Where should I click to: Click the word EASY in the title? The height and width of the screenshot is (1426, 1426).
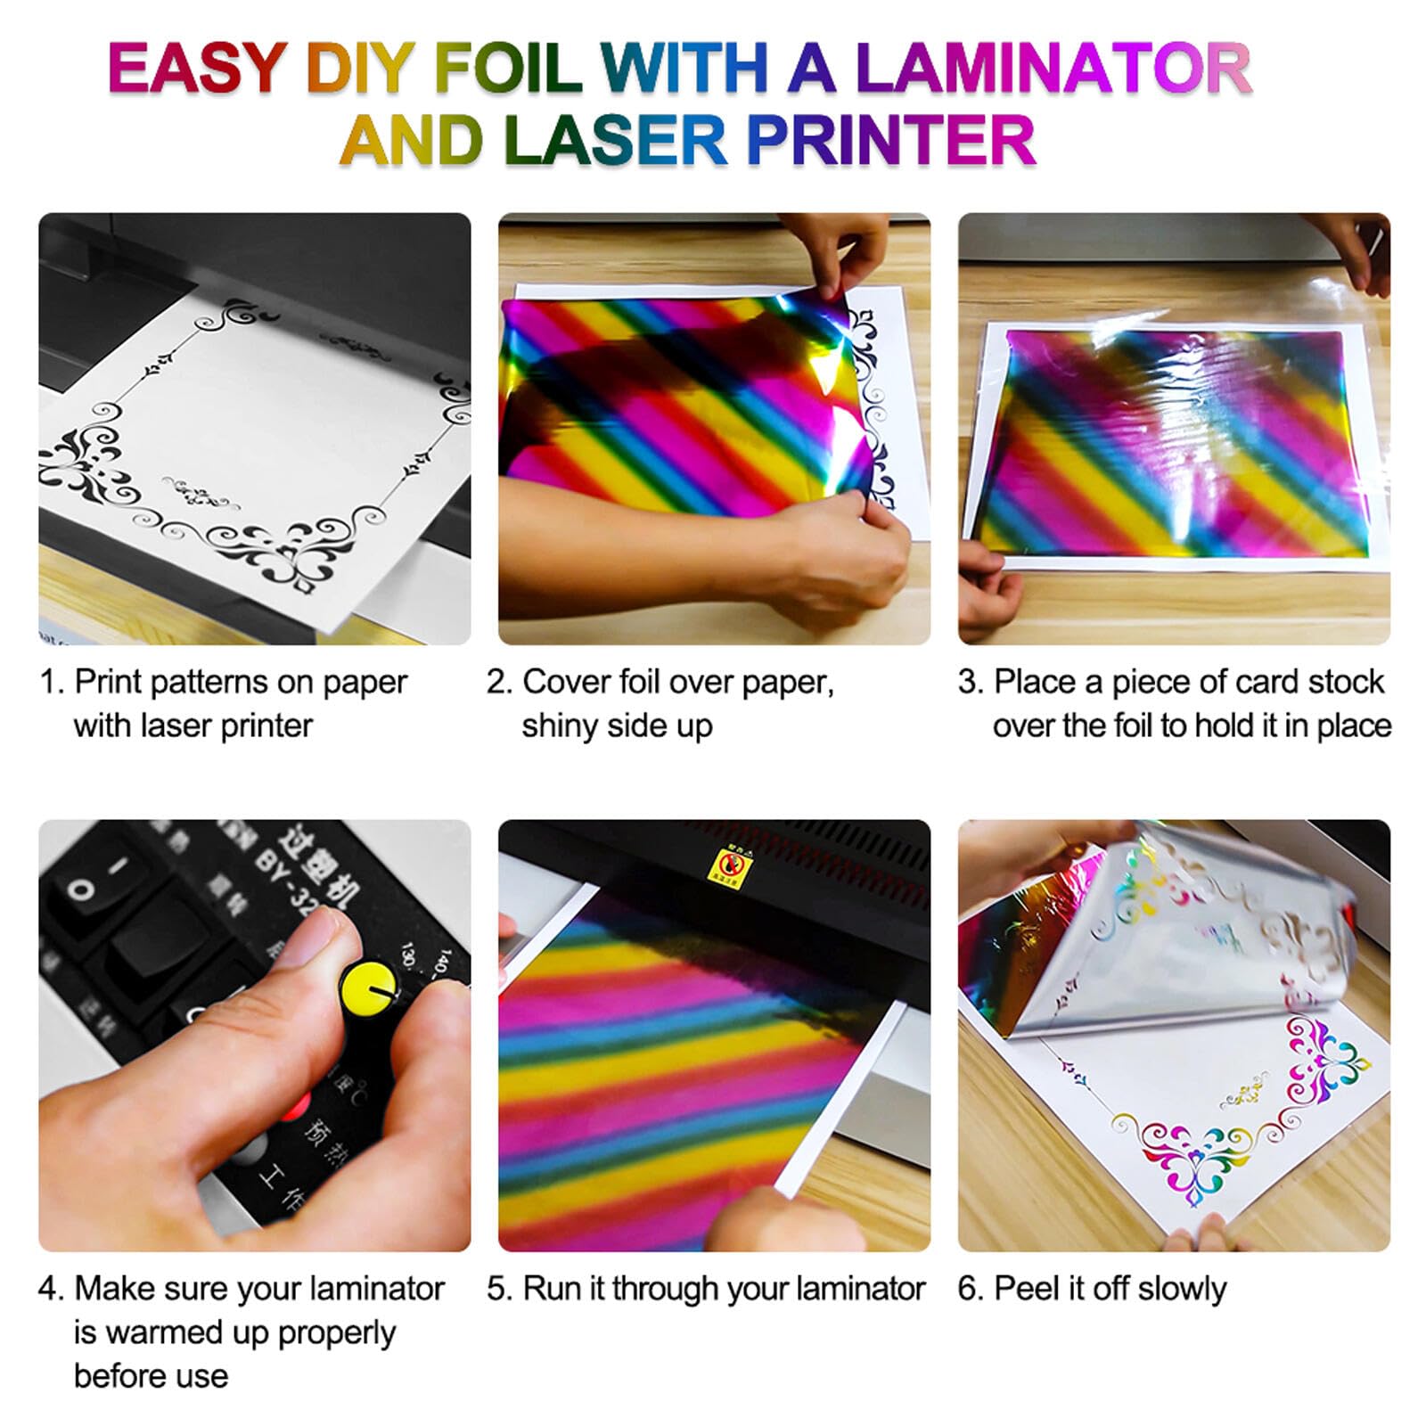click(x=195, y=70)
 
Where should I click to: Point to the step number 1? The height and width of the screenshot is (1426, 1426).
click(x=50, y=683)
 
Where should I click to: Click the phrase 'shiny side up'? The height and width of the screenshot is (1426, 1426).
click(x=617, y=725)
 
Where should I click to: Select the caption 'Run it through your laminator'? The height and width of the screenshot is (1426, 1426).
click(x=724, y=1289)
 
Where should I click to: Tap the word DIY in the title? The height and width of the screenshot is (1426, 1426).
click(x=359, y=70)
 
